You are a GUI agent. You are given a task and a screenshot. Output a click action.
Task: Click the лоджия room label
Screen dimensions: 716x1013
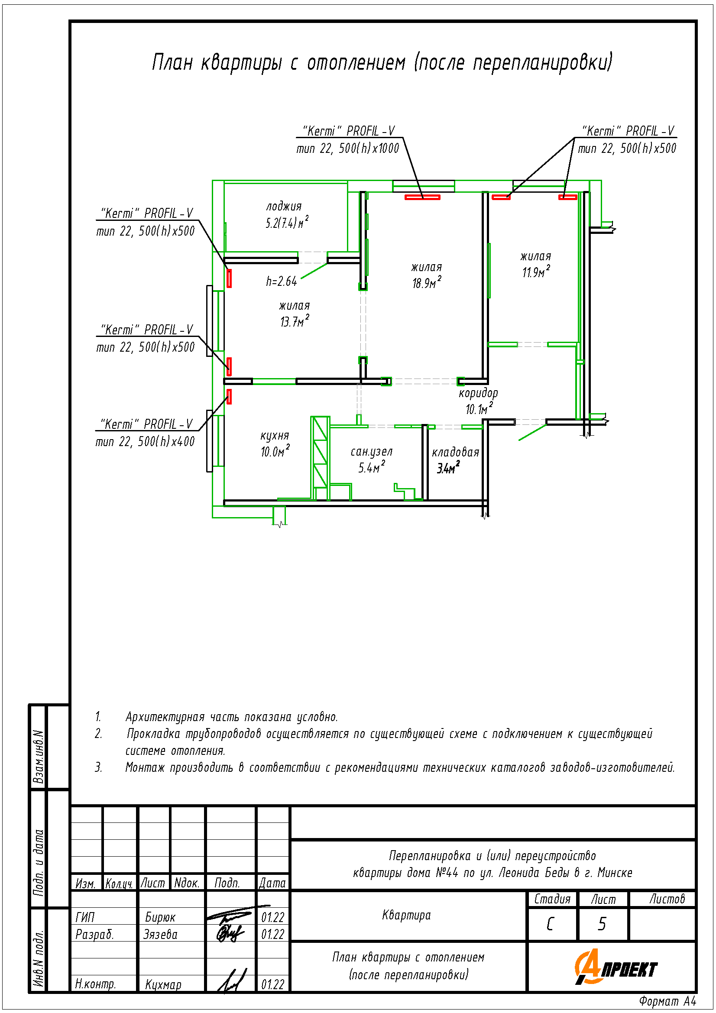[x=284, y=206]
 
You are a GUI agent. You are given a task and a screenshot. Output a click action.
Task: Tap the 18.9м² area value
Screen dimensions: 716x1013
[x=427, y=282]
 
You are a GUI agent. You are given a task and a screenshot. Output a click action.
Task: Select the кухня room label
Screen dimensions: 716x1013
[x=274, y=437]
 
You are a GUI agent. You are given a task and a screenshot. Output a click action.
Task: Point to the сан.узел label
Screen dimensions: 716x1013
[x=372, y=452]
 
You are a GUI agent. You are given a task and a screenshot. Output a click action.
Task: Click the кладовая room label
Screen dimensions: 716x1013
[x=455, y=452]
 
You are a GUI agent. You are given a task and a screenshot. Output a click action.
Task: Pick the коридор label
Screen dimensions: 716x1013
[x=478, y=393]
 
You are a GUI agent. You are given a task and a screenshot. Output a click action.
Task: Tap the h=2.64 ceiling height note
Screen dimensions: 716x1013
[x=282, y=281]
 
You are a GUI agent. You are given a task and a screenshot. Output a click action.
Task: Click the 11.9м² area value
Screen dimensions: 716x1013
[x=536, y=272]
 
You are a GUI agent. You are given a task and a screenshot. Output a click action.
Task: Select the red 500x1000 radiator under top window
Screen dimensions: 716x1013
[x=422, y=197]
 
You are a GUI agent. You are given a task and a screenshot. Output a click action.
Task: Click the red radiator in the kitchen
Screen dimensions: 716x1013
[x=229, y=396]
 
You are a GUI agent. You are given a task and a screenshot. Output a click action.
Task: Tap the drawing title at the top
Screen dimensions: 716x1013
[x=382, y=62]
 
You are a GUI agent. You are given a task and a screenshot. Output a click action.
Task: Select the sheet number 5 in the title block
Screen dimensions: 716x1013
[x=602, y=924]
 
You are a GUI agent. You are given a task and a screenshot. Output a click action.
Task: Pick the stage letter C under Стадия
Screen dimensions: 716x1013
[x=550, y=924]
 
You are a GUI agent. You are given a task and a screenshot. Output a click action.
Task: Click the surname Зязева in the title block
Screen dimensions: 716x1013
[x=160, y=934]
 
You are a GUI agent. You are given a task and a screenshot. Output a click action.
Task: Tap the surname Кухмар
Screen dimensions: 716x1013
[x=163, y=984]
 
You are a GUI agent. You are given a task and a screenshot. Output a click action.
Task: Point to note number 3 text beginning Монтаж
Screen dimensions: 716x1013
[x=400, y=767]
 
